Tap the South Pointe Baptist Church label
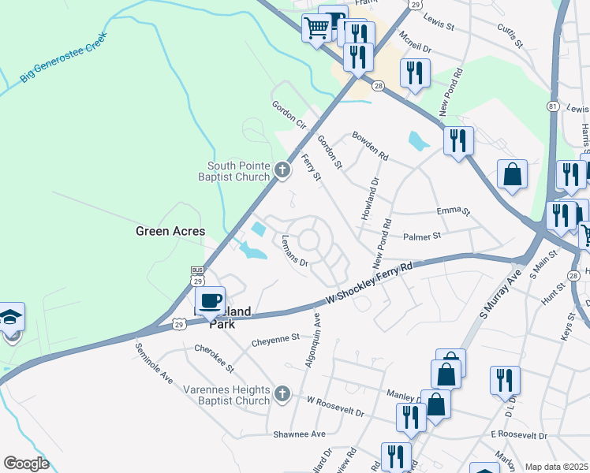coord(238,171)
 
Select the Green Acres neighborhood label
coord(170,231)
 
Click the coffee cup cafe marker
coord(211,302)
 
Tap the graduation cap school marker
coord(12,318)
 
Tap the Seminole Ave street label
coord(154,363)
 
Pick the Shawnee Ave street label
coord(299,434)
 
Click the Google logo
coord(26,464)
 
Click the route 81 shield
coord(553,106)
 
